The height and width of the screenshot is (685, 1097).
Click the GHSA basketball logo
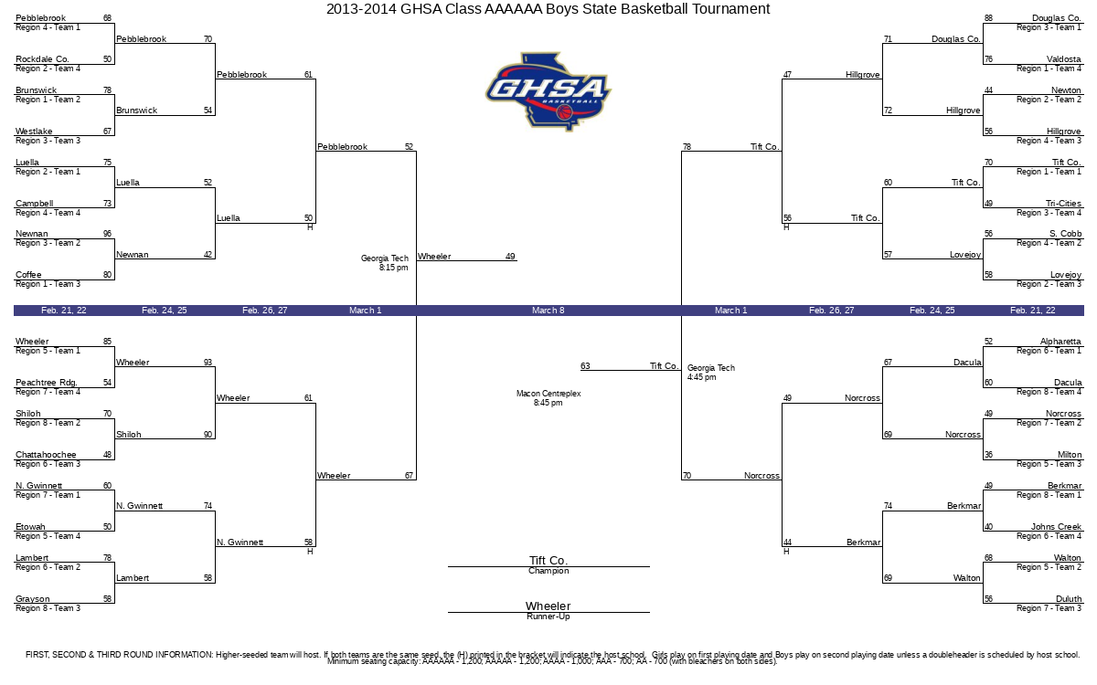click(548, 91)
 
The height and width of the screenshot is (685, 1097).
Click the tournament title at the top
click(548, 9)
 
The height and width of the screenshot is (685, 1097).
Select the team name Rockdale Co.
click(42, 59)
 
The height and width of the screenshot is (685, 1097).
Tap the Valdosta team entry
click(1064, 59)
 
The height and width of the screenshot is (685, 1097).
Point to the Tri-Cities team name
click(1063, 203)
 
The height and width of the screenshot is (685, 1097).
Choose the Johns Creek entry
click(1056, 526)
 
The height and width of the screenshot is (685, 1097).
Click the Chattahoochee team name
click(46, 455)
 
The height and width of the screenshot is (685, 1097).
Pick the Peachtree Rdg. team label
click(46, 382)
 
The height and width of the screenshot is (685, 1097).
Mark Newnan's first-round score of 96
click(107, 234)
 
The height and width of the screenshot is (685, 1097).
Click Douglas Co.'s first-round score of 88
click(989, 18)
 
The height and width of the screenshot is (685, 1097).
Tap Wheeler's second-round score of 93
click(208, 362)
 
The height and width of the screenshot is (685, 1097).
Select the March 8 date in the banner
click(548, 311)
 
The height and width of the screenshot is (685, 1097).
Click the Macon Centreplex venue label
click(548, 394)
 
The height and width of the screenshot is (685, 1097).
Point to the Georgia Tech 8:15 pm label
click(385, 263)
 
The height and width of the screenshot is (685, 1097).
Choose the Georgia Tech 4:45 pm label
click(711, 373)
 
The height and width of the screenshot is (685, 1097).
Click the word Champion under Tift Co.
click(548, 571)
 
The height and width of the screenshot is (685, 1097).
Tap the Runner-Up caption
click(548, 616)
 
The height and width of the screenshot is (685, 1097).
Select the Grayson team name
click(32, 599)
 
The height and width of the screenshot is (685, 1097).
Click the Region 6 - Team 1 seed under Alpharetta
click(1049, 351)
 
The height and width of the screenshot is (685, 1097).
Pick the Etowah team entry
click(30, 526)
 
